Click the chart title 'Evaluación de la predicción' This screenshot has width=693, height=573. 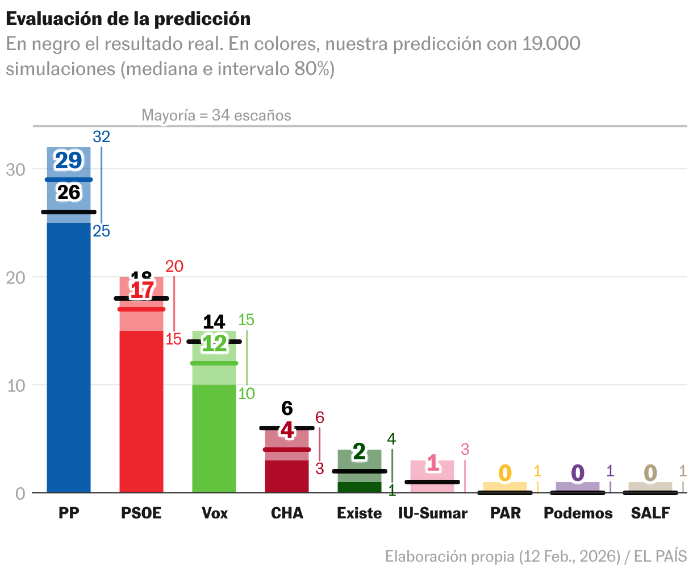[x=128, y=19]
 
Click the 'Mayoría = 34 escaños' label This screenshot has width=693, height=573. [x=216, y=115]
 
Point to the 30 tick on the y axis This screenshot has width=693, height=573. [x=16, y=169]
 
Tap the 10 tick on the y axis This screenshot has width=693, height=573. [x=16, y=385]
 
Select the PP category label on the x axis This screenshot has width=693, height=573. [x=69, y=513]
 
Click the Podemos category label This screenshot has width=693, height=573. [x=578, y=513]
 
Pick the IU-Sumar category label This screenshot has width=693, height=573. [x=432, y=513]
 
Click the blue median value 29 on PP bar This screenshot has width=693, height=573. [x=69, y=161]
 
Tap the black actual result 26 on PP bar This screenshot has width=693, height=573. [x=69, y=193]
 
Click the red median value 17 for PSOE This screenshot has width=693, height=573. [x=141, y=290]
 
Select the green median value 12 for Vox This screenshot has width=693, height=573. [x=214, y=343]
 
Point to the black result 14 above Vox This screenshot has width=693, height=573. [x=214, y=322]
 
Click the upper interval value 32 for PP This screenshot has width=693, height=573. [x=101, y=136]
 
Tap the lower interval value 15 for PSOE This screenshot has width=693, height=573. [x=173, y=339]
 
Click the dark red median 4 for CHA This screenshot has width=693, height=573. [x=287, y=430]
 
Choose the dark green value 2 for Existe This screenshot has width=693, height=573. [x=360, y=452]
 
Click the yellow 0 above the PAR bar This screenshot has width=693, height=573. [x=505, y=473]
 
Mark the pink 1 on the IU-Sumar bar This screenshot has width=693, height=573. [x=433, y=463]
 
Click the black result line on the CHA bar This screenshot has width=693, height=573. [x=287, y=428]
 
